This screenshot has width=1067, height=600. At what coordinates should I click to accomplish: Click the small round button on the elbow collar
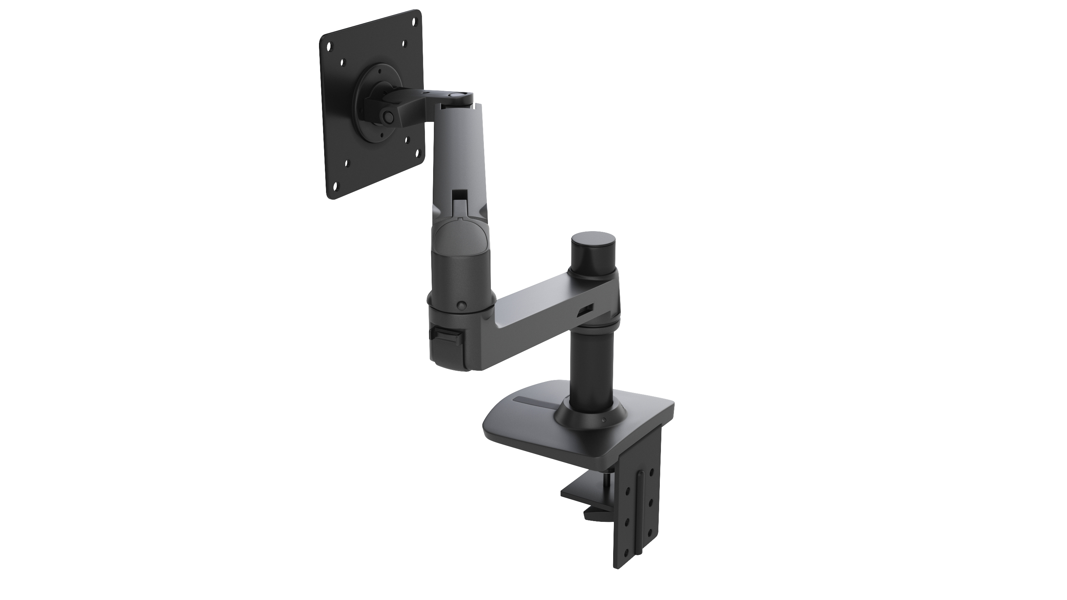pos(460,306)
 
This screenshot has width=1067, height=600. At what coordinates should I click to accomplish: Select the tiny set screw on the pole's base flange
pos(604,421)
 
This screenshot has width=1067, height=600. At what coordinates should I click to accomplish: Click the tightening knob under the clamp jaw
pos(596,515)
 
